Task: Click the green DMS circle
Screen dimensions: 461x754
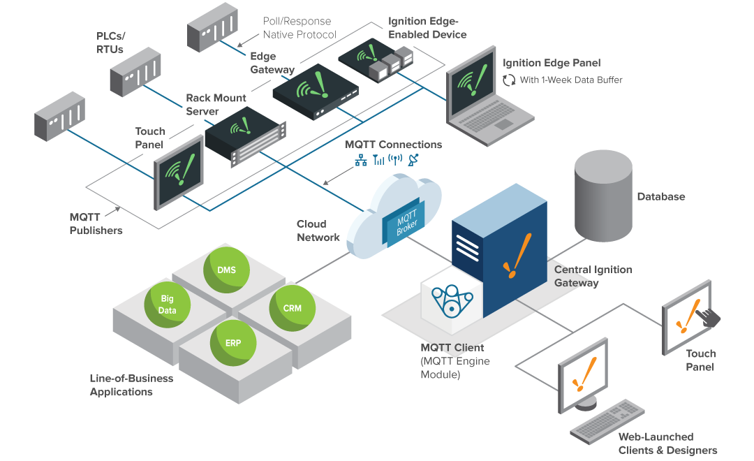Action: point(226,270)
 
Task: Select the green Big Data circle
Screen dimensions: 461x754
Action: point(167,305)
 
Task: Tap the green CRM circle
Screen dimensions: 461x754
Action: point(292,307)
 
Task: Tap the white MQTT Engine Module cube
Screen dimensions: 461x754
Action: point(454,302)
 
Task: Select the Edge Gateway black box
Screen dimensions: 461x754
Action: point(314,92)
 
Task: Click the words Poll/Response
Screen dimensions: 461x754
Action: point(297,22)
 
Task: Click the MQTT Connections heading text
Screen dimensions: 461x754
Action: point(393,145)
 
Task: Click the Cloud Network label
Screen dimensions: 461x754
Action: point(318,230)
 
